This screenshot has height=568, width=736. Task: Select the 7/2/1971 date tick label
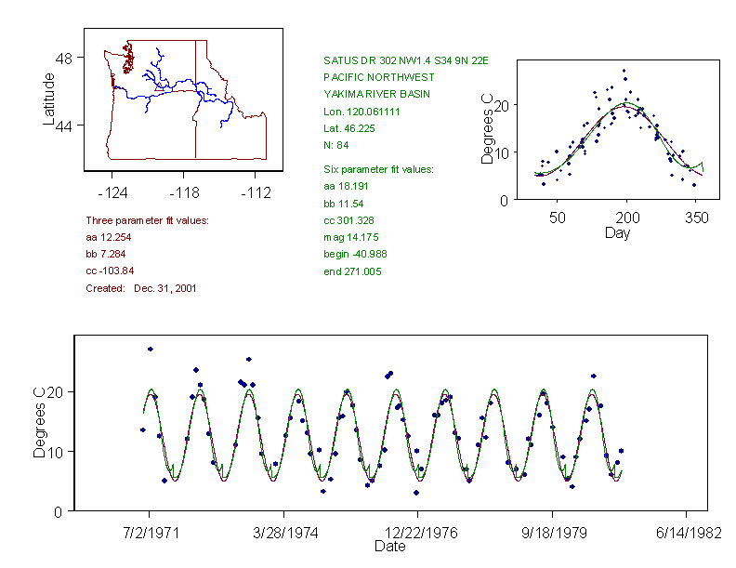151,534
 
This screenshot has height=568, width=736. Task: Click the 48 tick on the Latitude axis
64,58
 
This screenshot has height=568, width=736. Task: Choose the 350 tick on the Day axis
696,218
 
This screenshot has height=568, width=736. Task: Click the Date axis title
390,547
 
